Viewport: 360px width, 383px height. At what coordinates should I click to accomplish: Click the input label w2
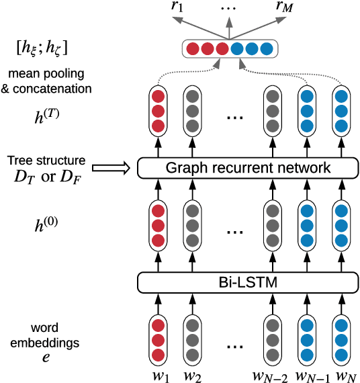pos(193,374)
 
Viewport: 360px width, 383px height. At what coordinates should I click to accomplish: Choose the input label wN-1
pos(308,374)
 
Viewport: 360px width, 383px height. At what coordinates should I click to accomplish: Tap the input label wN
pos(344,374)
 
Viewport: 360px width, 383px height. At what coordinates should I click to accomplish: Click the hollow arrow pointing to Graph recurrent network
pos(111,168)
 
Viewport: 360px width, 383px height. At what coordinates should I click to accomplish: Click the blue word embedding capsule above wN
pos(344,340)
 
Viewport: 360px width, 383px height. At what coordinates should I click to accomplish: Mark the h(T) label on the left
pos(46,116)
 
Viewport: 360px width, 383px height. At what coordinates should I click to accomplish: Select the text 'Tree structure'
pos(46,161)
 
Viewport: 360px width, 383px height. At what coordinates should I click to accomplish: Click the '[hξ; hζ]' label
pos(46,48)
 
